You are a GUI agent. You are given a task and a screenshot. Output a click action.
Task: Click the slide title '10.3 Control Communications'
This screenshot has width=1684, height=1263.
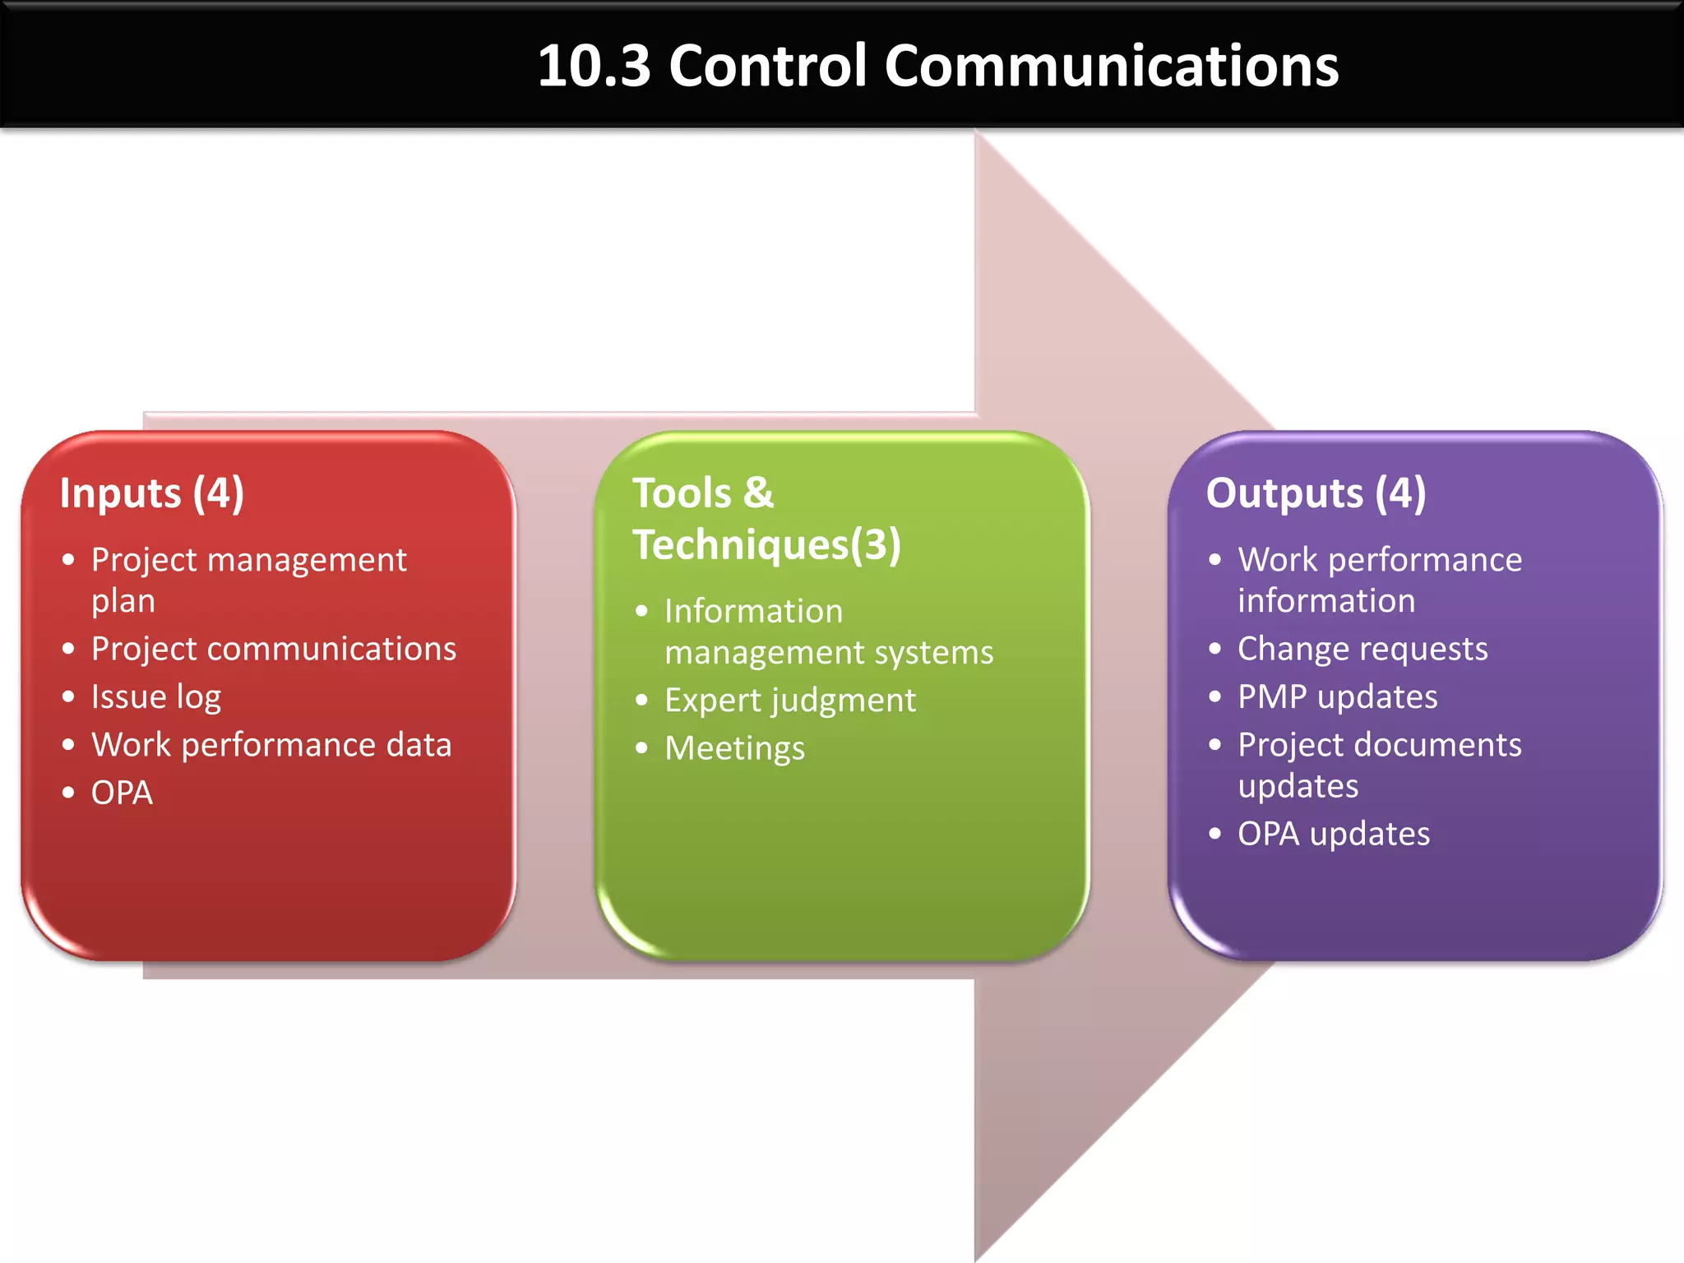tap(937, 66)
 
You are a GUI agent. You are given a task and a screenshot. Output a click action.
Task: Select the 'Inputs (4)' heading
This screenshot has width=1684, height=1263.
tap(152, 493)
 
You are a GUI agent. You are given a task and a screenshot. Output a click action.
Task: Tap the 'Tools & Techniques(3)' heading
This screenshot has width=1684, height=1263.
tap(766, 519)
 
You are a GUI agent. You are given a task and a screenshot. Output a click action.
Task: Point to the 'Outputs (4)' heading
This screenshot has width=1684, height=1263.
tap(1316, 493)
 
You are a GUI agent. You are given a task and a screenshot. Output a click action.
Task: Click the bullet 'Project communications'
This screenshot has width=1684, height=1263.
tap(274, 649)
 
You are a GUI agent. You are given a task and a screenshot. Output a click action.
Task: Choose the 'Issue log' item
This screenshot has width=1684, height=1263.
tap(156, 697)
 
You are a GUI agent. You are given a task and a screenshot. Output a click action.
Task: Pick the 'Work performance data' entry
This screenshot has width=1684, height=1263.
tap(271, 745)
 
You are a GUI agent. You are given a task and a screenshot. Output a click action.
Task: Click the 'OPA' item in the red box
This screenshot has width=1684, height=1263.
tap(122, 793)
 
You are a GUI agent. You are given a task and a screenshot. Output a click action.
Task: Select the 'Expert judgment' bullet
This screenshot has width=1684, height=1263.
tap(789, 701)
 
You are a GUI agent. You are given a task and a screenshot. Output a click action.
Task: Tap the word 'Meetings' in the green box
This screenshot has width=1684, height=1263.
tap(734, 748)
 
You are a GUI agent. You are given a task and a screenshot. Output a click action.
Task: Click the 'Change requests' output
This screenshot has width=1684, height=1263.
tap(1362, 649)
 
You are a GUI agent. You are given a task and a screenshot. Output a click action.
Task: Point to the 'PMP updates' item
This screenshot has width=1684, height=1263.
tap(1338, 697)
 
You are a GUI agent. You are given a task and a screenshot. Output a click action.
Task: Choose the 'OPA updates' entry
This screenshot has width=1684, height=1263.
tap(1334, 834)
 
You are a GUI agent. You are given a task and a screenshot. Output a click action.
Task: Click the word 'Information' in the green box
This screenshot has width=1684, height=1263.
tap(753, 611)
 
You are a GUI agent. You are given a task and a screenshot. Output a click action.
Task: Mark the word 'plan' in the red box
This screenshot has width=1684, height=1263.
tap(123, 602)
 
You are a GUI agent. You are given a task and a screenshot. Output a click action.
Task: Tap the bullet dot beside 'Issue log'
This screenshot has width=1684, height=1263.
tap(68, 697)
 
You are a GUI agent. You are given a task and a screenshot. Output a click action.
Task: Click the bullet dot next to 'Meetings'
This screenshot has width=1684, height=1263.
tap(642, 748)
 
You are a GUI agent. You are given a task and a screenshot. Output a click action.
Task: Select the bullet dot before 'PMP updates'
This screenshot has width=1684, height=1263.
tap(1215, 697)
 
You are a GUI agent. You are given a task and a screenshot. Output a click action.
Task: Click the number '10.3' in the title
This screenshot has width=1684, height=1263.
tap(594, 66)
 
